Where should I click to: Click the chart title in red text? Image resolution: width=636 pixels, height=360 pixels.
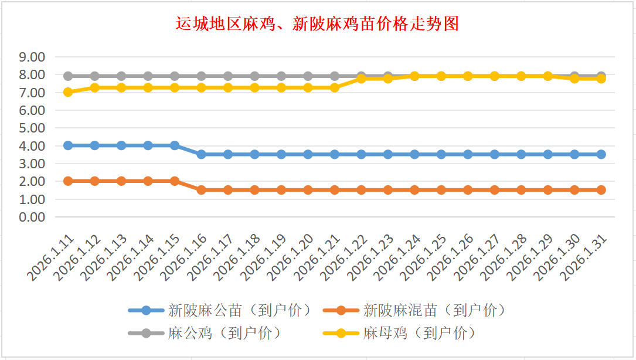coord(317,24)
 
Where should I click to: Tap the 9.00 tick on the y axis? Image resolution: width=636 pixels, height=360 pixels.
coord(32,57)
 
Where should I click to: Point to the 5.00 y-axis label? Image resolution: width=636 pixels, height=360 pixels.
coord(32,128)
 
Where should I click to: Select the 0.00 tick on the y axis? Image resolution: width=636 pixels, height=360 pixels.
coord(32,217)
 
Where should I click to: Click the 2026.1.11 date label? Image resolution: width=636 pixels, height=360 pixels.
coord(52,258)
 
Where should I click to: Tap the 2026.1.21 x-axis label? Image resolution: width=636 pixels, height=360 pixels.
coord(318,258)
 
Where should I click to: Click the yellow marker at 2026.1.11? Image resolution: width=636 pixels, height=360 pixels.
coord(68,92)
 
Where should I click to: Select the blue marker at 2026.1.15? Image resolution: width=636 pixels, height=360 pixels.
coord(175,145)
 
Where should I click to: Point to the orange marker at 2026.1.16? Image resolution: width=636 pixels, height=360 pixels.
coord(201,190)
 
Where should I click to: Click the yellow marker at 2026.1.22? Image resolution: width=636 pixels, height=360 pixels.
coord(361,78)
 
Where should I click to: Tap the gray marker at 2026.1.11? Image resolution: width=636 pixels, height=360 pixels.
coord(68,76)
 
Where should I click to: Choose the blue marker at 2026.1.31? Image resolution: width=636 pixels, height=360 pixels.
coord(601,154)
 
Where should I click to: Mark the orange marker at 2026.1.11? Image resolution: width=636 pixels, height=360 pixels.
coord(68,181)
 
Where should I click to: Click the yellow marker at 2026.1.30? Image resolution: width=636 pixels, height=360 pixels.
coord(574,79)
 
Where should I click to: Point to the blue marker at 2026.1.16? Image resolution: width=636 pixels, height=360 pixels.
coord(201,154)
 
